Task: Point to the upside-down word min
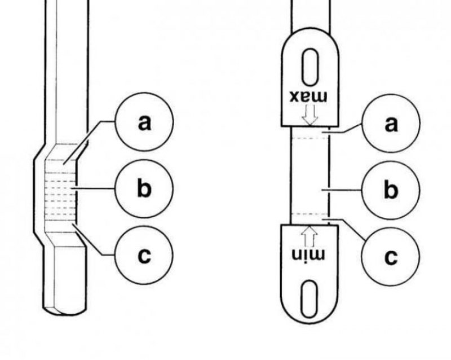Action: click(x=308, y=254)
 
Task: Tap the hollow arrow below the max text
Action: click(x=309, y=115)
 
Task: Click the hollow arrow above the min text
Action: click(x=309, y=236)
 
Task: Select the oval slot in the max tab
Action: click(x=309, y=67)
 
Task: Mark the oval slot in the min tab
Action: click(x=309, y=299)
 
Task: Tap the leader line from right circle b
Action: click(x=341, y=190)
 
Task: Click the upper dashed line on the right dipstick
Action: click(x=309, y=138)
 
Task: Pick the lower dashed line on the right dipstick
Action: click(x=309, y=214)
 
